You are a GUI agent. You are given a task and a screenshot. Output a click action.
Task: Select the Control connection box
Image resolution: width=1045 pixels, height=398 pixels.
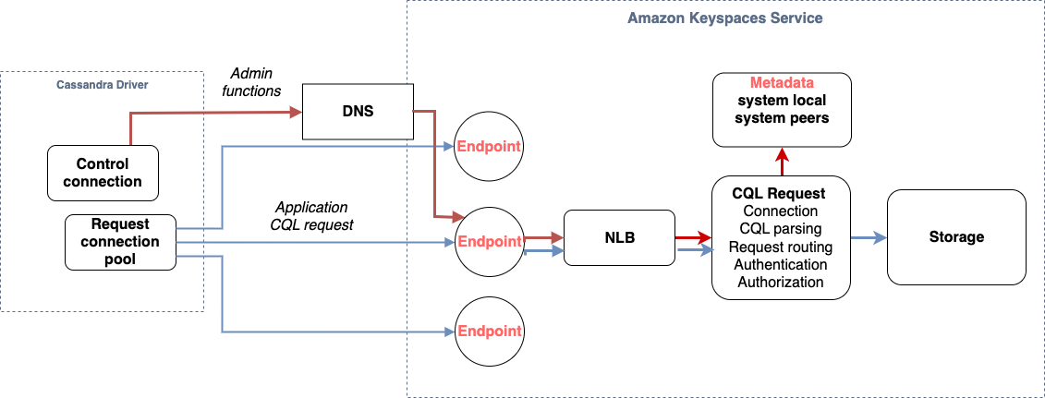coord(103,173)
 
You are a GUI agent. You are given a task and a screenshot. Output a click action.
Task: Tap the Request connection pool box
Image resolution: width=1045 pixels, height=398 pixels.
coord(120,241)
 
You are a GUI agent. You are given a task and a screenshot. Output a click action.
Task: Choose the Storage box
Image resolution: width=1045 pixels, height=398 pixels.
coord(956,237)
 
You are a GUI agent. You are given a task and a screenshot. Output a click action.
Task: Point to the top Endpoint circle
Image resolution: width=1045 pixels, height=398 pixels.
coord(489,146)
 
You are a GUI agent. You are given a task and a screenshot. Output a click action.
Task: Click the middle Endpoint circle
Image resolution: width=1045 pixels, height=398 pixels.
coord(489,242)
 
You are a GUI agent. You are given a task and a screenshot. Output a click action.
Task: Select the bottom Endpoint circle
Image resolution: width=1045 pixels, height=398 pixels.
coord(489,331)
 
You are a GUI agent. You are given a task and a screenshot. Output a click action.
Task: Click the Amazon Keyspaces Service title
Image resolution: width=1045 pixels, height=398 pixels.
coord(724,18)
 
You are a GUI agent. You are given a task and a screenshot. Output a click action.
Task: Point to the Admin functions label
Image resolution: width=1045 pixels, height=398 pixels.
coord(252,81)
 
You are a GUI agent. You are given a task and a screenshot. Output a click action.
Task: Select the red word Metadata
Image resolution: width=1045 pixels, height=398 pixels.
coord(782,83)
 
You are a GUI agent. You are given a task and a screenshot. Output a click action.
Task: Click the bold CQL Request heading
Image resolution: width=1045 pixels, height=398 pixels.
coord(778,194)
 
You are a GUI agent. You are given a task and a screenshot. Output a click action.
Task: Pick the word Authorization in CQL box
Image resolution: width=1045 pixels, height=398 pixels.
coord(781,282)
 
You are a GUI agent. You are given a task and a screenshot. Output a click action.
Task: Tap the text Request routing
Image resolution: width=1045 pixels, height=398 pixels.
coord(781,247)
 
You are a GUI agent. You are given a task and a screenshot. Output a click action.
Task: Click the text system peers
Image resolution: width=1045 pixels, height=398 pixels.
coord(782,117)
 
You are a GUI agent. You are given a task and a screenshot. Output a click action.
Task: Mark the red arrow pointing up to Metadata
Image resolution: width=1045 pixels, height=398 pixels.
coord(782,161)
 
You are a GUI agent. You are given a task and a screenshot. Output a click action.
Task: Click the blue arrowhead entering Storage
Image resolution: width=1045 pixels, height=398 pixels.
coord(881,237)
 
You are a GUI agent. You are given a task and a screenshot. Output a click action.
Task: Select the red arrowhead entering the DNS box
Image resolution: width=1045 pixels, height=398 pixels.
coord(297,112)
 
